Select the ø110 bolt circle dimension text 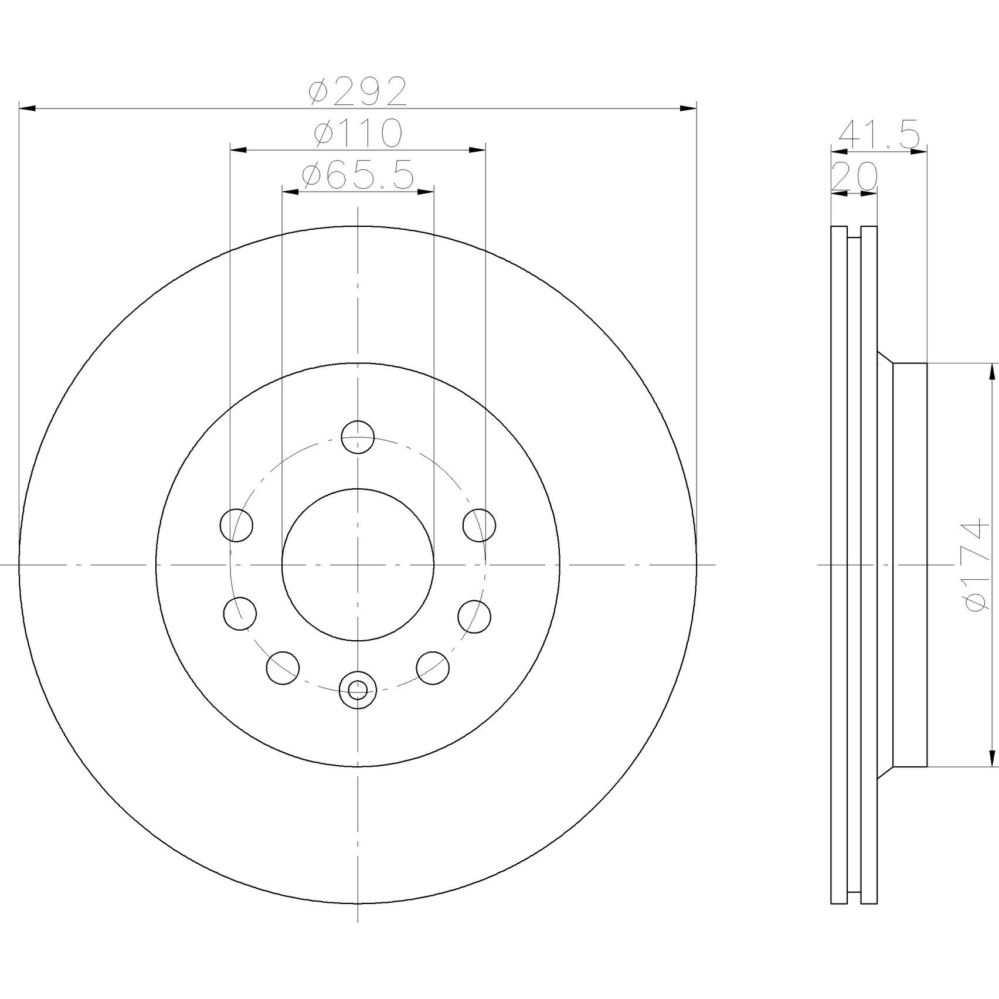click(358, 133)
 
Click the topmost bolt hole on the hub click(358, 437)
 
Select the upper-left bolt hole click(236, 525)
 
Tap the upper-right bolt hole click(479, 525)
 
